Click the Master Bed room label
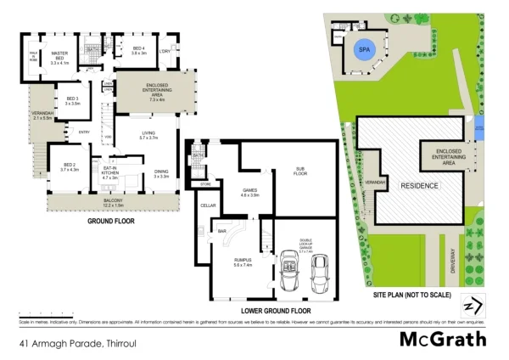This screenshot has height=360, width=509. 59,55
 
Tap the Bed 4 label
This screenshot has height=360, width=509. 138,50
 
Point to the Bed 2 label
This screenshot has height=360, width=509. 69,166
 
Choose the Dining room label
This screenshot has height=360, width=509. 161,173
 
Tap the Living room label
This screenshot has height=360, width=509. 148,134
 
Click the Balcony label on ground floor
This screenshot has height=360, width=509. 113,202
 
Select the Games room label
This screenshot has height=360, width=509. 250,192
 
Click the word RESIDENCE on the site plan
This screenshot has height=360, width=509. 419,185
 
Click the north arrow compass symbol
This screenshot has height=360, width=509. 472,305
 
